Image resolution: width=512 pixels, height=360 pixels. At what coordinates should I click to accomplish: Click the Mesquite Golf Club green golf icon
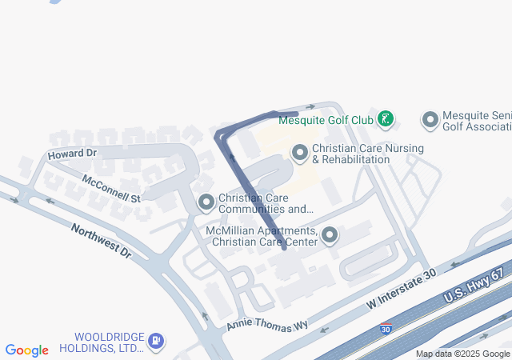tap(386, 120)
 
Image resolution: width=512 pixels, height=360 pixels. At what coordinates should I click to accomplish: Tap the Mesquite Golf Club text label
tap(326, 121)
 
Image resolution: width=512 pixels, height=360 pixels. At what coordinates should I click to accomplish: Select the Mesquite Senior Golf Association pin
tap(430, 120)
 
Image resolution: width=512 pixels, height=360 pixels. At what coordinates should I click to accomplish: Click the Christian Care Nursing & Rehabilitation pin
tap(300, 152)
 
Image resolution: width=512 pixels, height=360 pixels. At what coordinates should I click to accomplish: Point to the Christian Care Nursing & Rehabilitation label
tap(367, 154)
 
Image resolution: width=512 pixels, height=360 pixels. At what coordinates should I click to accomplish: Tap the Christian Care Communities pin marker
tap(206, 203)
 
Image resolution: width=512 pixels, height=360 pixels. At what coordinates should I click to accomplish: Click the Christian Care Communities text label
tap(266, 204)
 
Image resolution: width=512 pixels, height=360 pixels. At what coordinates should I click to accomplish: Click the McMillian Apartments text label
tap(262, 237)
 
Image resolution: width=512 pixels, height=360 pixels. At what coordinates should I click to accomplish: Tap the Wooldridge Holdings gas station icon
tap(155, 342)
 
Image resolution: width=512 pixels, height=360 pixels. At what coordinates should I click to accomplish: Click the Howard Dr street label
tap(72, 153)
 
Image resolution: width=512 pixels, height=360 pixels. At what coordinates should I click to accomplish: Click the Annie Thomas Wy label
tap(266, 323)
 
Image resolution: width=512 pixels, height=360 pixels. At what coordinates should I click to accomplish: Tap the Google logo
tap(26, 350)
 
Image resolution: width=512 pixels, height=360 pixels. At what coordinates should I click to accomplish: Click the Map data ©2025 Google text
tap(462, 354)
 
